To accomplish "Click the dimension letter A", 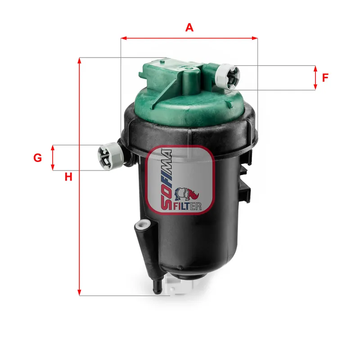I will pos(189,27).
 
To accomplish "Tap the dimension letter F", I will pos(325,77).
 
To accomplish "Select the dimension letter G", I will pos(38,157).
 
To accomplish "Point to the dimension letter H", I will pos(68,177).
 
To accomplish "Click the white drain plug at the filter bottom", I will pos(178,285).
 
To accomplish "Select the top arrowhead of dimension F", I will pos(315,68).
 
